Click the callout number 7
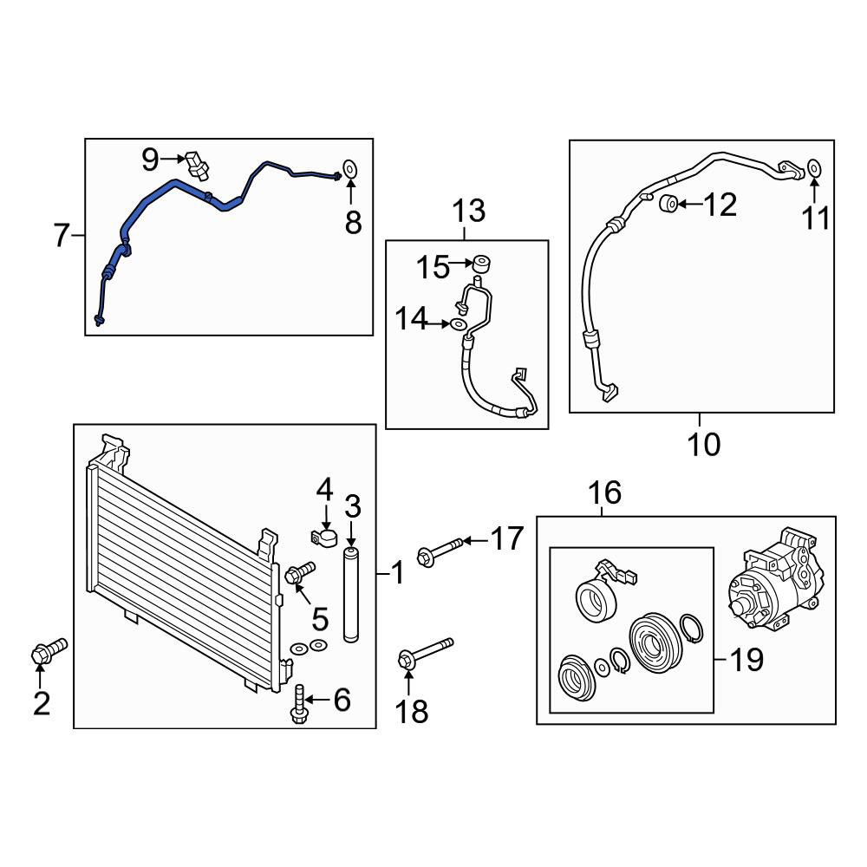(x=62, y=235)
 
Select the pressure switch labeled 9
(x=197, y=165)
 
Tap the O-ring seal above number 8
(x=350, y=167)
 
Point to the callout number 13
(x=469, y=211)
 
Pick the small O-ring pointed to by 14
(x=458, y=324)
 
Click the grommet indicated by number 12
(x=668, y=204)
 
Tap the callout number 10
(x=704, y=445)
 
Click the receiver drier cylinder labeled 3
(x=351, y=595)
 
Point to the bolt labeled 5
(x=299, y=572)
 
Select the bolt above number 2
(x=49, y=652)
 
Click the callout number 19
(x=746, y=659)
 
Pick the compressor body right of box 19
(x=774, y=579)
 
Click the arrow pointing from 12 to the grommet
(x=691, y=204)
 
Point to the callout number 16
(x=604, y=492)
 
